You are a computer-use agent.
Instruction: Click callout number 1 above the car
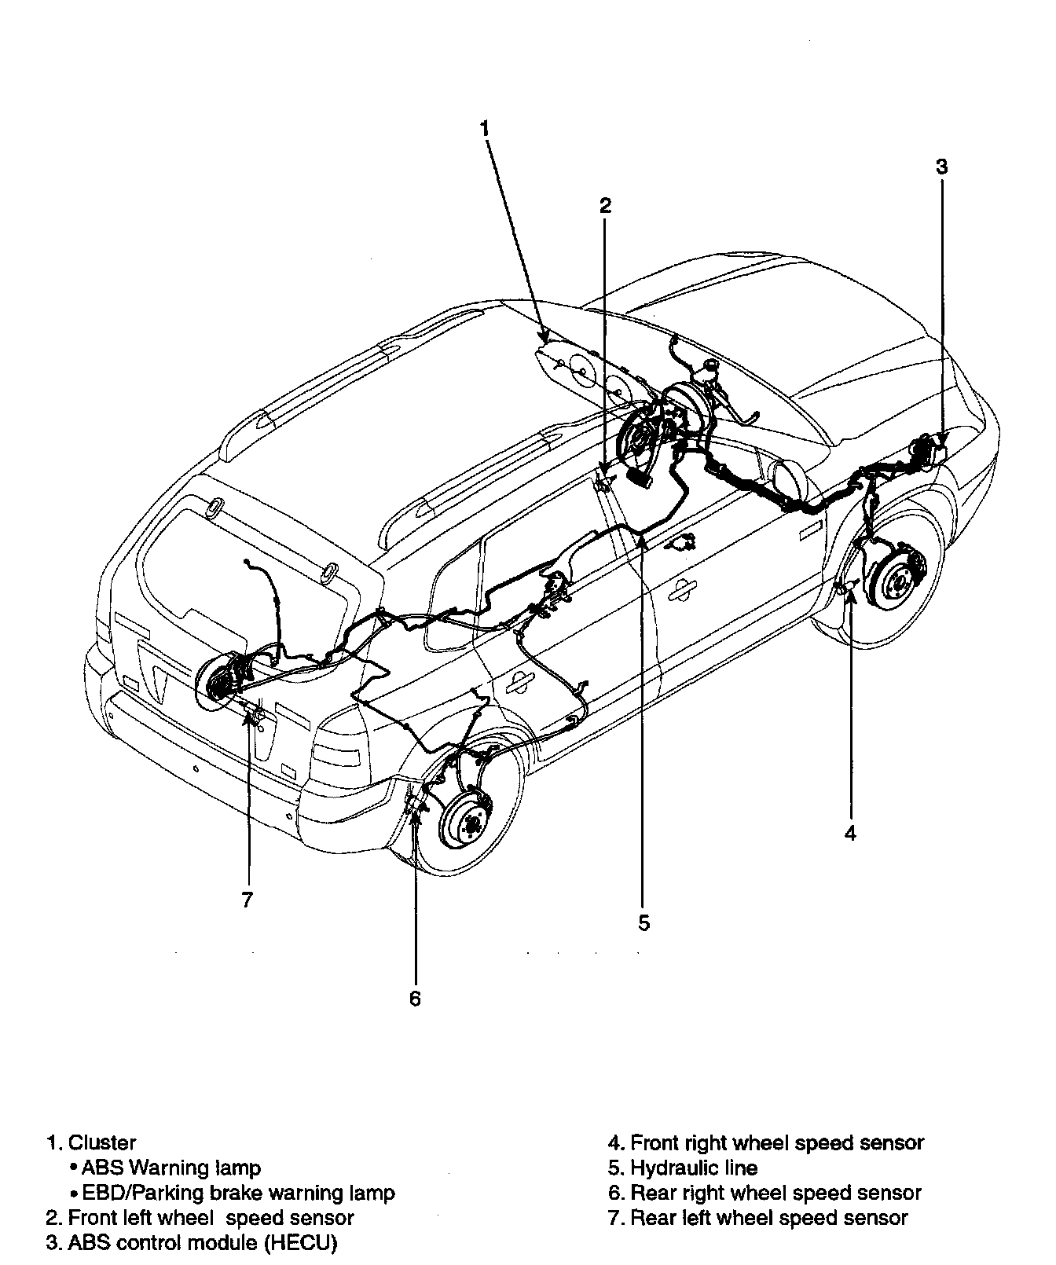485,127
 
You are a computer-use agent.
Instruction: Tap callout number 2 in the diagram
604,206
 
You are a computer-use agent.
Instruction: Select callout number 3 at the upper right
941,167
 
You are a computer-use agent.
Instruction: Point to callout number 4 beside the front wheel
850,833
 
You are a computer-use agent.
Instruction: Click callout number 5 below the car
644,922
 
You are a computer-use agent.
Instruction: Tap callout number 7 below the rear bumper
247,900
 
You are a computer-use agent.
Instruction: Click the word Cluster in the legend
101,1142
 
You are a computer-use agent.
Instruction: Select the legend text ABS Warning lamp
170,1168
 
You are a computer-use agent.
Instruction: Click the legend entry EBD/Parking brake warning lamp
237,1193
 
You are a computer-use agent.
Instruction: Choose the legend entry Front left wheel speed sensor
210,1218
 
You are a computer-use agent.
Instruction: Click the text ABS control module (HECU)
202,1243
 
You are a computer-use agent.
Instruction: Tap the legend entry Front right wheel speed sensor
776,1142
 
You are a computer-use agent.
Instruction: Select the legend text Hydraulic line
693,1168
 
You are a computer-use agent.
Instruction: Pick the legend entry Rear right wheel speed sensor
775,1193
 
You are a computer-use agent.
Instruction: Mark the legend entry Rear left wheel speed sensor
768,1218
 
